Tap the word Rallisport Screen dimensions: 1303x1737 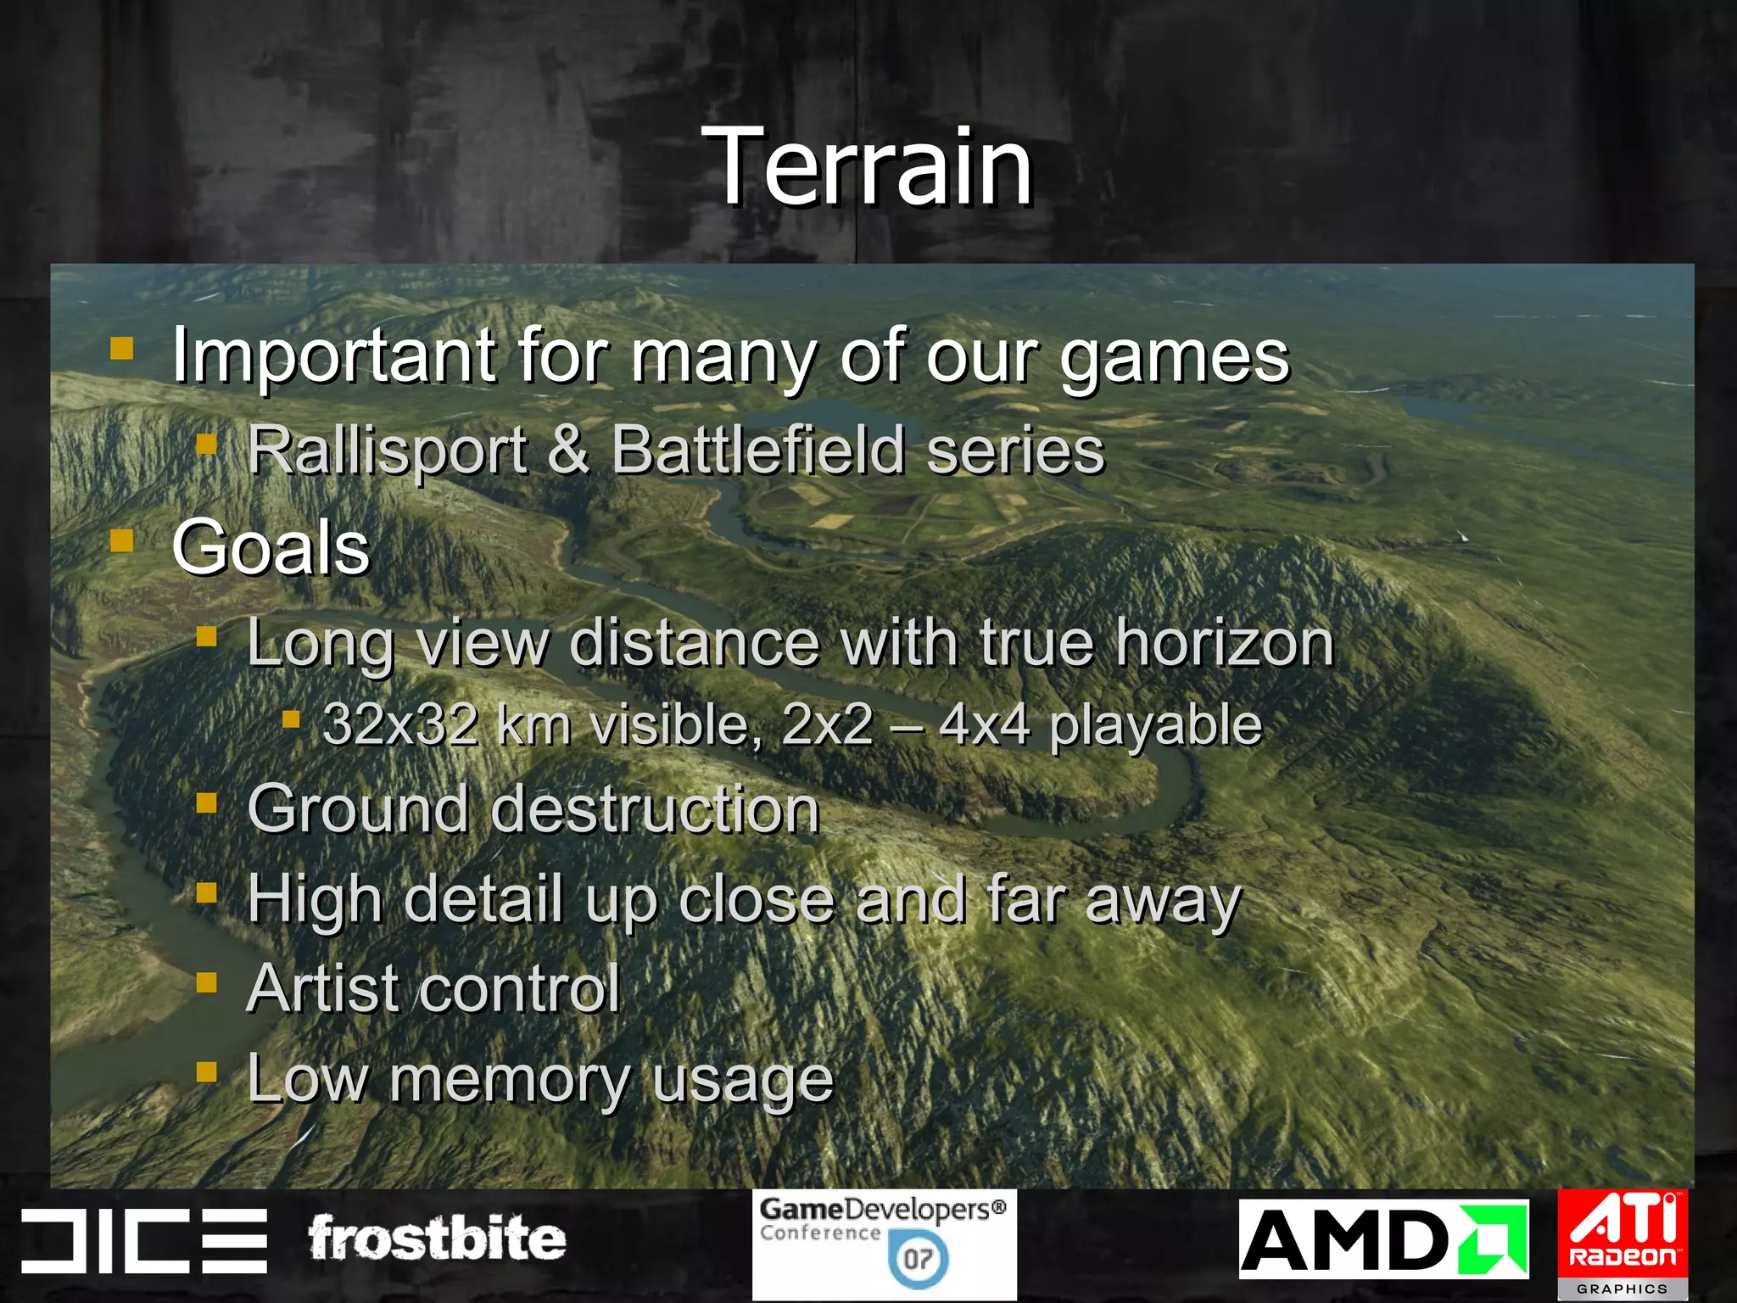click(388, 450)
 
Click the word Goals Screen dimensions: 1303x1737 click(271, 547)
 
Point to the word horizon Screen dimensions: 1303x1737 click(1225, 642)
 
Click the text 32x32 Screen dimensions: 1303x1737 click(399, 725)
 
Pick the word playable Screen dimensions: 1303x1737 click(1155, 727)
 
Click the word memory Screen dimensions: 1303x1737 click(509, 1080)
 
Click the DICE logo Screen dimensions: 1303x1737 click(144, 1240)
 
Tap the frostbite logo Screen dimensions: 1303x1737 click(437, 1239)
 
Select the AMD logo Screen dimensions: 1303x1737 click(1383, 1239)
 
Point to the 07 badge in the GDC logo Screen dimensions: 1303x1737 click(918, 1259)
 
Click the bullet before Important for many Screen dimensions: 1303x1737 click(122, 349)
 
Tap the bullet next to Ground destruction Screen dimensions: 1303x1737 click(206, 802)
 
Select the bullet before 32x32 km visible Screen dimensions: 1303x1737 click(291, 720)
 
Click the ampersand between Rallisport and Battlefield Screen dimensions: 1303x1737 click(568, 450)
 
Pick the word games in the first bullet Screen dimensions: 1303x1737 click(1175, 357)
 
